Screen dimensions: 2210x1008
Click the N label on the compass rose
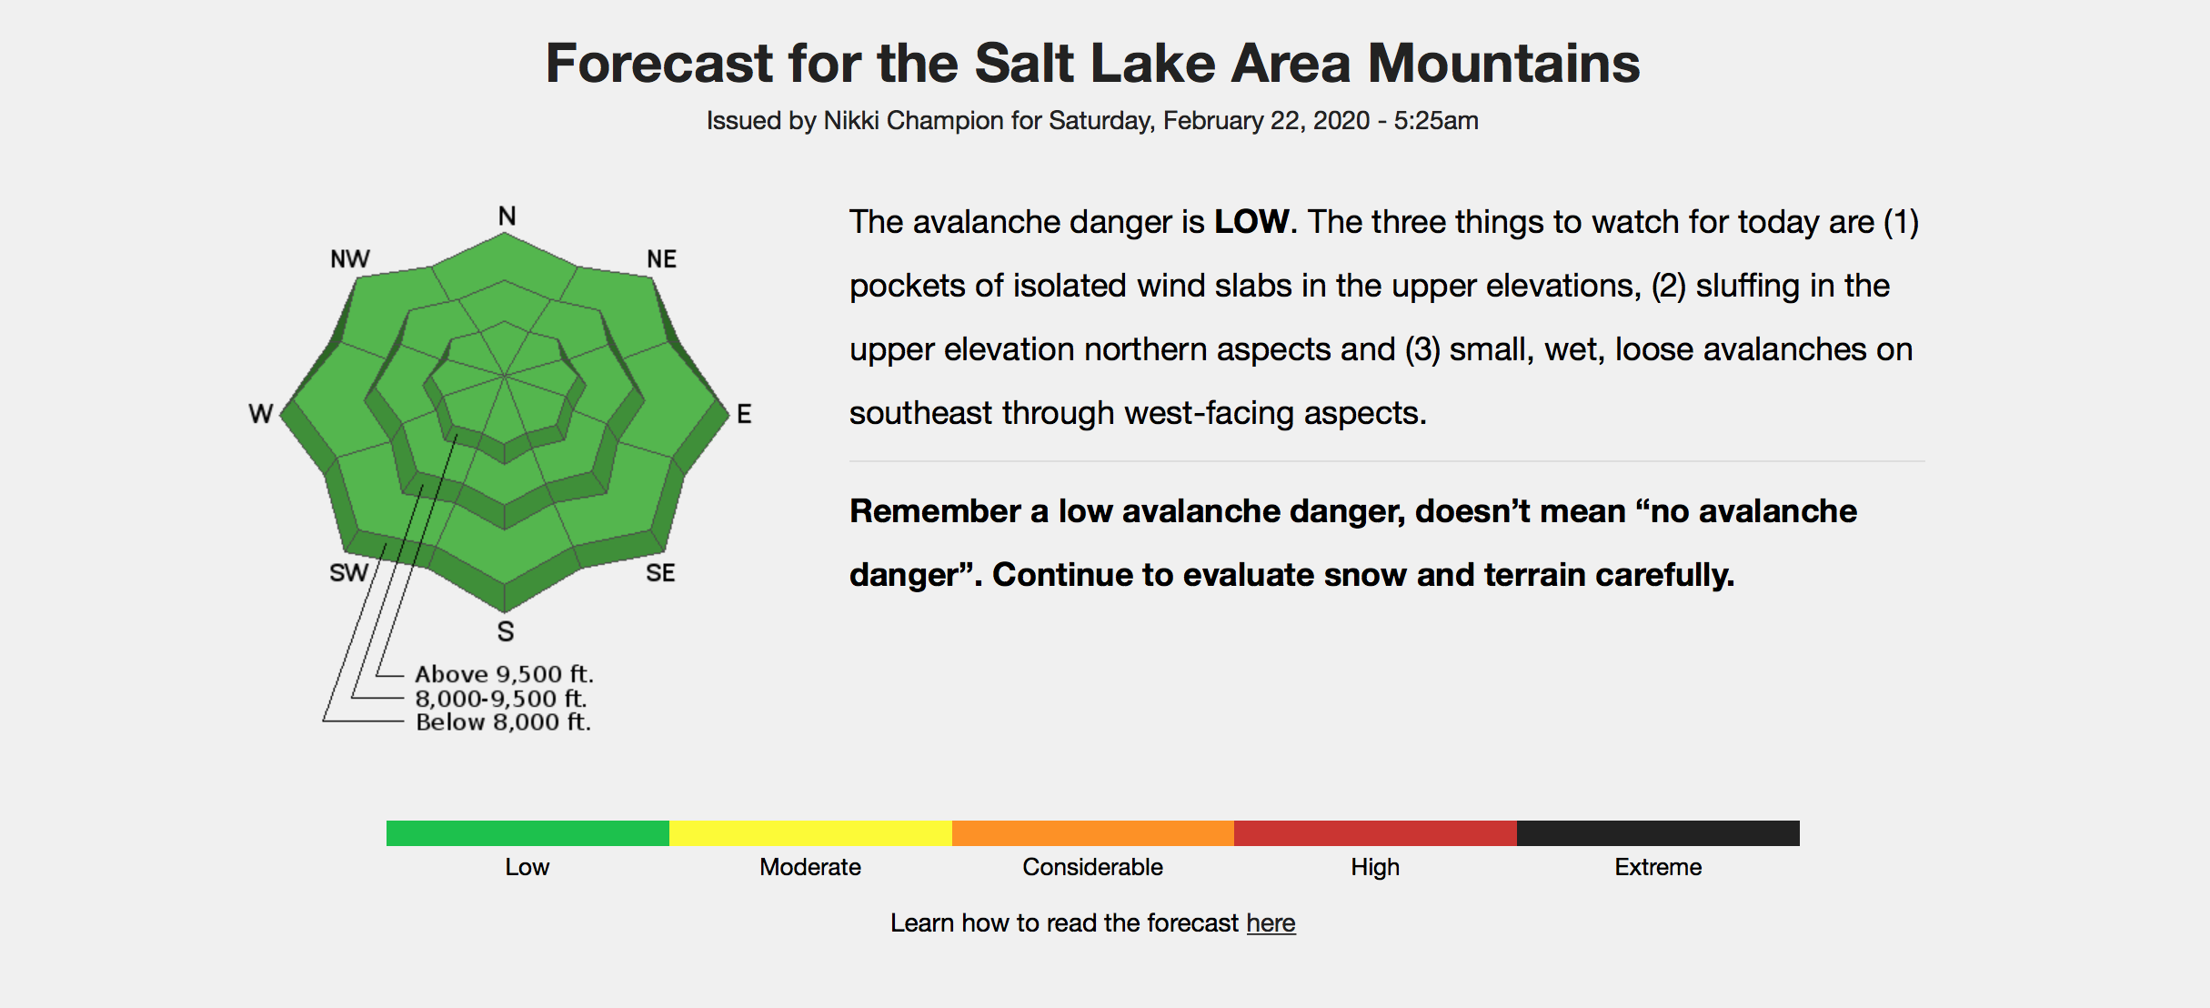point(507,216)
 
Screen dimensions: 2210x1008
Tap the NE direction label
point(661,259)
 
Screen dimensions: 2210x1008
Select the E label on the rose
point(744,414)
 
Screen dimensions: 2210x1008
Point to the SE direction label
point(660,573)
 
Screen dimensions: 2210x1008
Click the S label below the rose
point(506,631)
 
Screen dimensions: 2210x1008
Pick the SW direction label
point(348,573)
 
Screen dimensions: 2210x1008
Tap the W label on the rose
point(261,414)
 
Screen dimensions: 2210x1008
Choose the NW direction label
point(350,259)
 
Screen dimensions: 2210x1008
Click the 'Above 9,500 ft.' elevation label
point(504,674)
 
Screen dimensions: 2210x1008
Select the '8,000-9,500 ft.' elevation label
point(501,699)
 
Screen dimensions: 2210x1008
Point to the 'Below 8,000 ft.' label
point(503,722)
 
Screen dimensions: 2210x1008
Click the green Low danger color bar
point(527,833)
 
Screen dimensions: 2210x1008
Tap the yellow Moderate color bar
point(810,833)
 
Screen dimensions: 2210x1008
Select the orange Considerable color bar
point(1093,833)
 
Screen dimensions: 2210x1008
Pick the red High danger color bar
point(1375,833)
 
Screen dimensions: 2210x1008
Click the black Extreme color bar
point(1658,833)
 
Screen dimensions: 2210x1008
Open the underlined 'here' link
point(1271,922)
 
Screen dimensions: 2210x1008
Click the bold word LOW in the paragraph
point(1251,222)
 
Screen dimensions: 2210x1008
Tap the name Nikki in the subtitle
point(851,120)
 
